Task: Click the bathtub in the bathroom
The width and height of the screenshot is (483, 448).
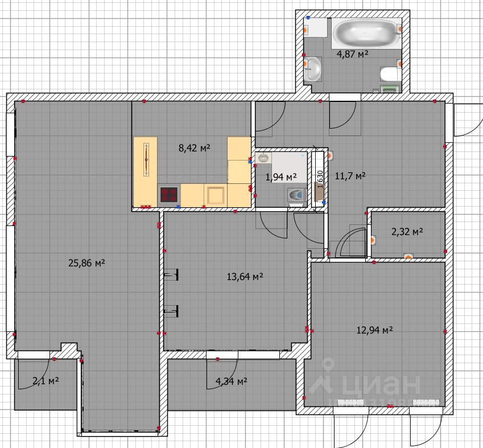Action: [366, 32]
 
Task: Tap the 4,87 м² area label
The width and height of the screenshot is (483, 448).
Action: [353, 54]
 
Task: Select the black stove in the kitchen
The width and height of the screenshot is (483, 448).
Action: [169, 195]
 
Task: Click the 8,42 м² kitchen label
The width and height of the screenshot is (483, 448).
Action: [195, 148]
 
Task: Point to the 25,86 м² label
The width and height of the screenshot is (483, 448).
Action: [86, 263]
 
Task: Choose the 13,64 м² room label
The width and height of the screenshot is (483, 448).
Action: [245, 277]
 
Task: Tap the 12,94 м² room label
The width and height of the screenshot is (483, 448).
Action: [374, 330]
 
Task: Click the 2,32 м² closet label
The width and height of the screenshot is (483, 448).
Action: [407, 232]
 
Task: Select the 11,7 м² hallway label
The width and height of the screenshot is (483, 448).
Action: [350, 176]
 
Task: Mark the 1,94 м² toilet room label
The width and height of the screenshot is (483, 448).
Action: [281, 177]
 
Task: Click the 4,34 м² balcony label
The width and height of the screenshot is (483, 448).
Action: [232, 381]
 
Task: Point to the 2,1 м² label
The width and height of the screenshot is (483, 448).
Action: [46, 381]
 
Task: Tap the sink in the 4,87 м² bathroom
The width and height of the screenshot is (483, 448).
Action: [313, 69]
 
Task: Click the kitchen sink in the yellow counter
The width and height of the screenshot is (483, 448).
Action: [215, 195]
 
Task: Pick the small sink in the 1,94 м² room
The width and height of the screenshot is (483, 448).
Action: [263, 158]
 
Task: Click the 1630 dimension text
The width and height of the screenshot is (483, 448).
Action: [320, 179]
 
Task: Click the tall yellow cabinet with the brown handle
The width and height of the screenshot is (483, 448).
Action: [146, 171]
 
